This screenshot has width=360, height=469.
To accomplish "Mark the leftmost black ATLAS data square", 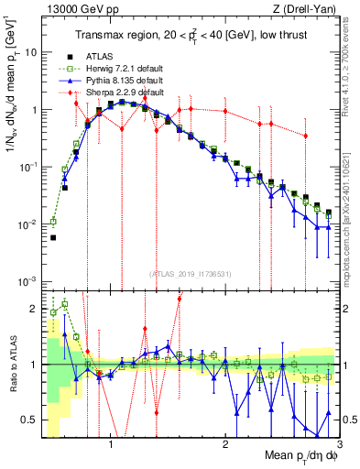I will point(53,237).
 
